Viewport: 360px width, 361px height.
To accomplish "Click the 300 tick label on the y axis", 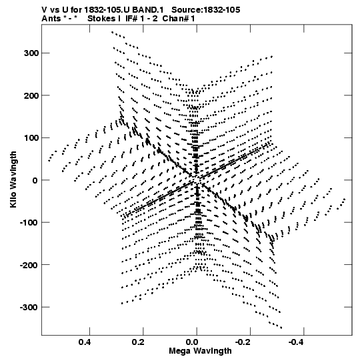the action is click(31, 53).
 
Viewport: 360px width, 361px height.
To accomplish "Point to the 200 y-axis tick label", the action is click(31, 95).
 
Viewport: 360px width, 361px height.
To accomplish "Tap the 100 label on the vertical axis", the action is click(31, 138).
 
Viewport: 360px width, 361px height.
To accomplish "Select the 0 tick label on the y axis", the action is click(35, 180).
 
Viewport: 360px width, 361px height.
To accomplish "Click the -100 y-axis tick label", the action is click(29, 223).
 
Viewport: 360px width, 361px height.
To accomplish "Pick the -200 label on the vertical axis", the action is click(29, 265).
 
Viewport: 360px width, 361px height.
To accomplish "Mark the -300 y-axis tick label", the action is click(29, 308).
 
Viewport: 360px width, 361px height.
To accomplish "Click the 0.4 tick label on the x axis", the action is click(85, 342).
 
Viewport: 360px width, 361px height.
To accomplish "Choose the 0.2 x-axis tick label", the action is click(138, 342).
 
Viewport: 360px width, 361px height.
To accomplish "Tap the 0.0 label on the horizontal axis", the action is click(192, 342).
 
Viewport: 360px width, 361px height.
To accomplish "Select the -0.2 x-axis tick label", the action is click(243, 342).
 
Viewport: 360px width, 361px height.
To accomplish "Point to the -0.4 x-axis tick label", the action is click(297, 342).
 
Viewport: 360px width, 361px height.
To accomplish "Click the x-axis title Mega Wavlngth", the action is click(200, 351).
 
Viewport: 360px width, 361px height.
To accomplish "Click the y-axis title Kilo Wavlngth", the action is click(13, 179).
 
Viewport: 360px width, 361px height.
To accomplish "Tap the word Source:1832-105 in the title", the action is click(206, 10).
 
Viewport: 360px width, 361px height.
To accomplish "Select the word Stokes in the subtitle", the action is click(101, 19).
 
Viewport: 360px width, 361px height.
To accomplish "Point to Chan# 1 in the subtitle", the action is click(179, 19).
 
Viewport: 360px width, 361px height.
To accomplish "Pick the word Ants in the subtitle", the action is click(51, 19).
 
